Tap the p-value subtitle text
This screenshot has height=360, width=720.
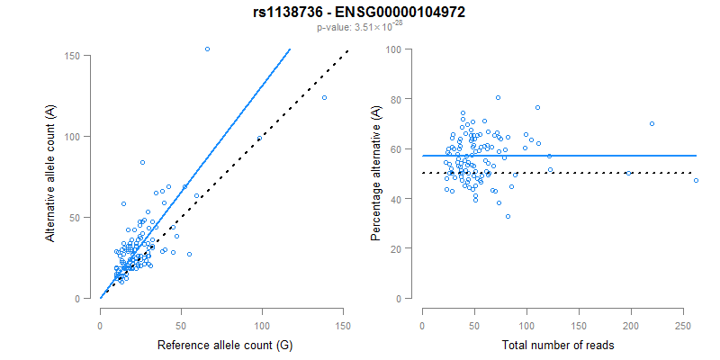(359, 27)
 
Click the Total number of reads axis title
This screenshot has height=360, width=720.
(553, 345)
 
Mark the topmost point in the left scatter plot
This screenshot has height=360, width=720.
(207, 49)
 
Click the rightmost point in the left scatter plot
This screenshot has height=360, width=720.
(324, 97)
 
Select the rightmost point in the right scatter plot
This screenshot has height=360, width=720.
(696, 181)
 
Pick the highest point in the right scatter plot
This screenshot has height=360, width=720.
(498, 97)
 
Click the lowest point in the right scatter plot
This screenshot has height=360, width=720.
(508, 216)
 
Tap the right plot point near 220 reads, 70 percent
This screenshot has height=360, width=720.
(652, 123)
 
